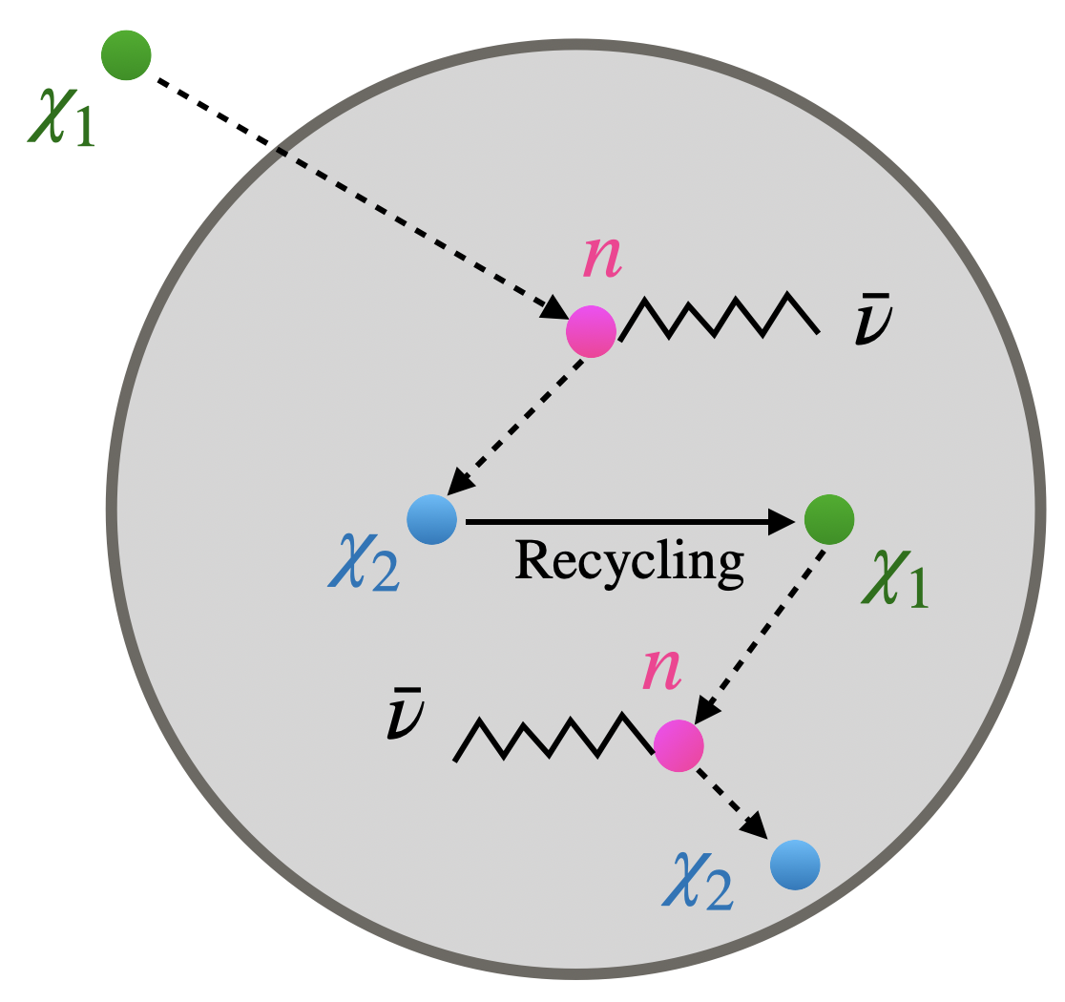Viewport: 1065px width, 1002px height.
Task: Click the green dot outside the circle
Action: [x=127, y=55]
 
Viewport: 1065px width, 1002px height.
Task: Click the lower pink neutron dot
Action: [x=679, y=744]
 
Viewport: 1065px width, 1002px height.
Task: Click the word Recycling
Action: [x=629, y=561]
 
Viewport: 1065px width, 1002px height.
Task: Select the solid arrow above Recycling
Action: [x=630, y=521]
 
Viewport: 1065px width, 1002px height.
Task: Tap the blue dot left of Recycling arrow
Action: [x=432, y=521]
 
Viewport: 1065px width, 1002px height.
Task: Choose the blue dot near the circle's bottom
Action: [x=795, y=865]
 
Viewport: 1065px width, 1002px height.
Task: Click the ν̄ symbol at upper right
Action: [x=872, y=324]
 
